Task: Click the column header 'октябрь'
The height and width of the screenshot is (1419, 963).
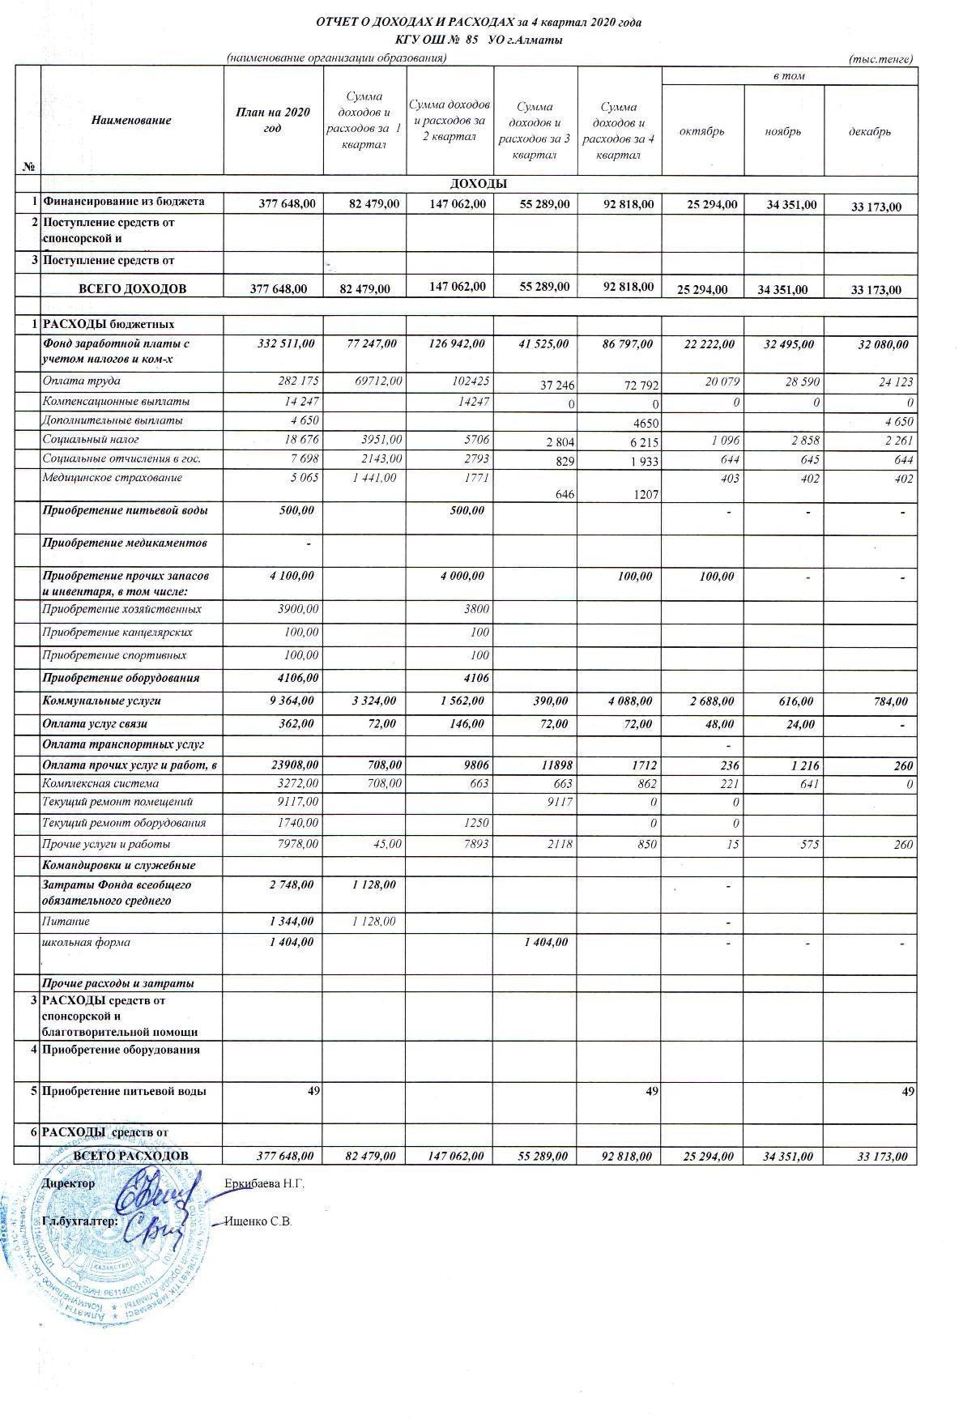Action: [701, 131]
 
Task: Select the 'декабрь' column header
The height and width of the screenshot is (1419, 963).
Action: [870, 131]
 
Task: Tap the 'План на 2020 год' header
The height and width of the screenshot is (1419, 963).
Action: [273, 120]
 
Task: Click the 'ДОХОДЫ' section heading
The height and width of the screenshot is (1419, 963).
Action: [478, 184]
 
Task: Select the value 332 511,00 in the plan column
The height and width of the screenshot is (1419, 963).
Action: [286, 344]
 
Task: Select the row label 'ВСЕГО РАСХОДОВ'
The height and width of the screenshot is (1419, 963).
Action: [131, 1155]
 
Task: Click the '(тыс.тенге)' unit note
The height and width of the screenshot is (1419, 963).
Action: [880, 59]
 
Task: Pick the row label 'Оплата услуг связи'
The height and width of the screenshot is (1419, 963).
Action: [95, 723]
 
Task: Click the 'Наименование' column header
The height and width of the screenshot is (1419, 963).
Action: [131, 120]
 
